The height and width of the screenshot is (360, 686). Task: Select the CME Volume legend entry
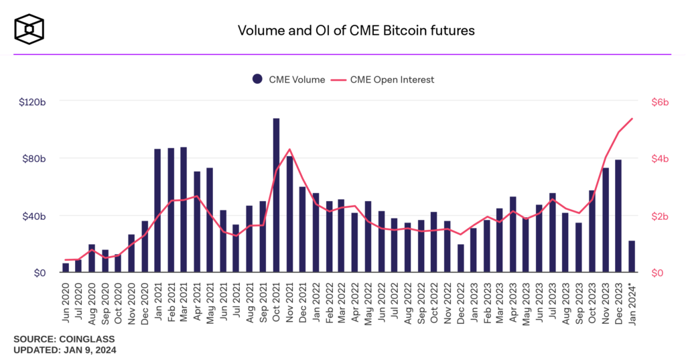click(289, 80)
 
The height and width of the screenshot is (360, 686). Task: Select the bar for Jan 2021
click(157, 211)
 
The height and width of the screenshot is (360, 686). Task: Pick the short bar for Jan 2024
click(632, 257)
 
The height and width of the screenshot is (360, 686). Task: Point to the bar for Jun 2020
click(66, 268)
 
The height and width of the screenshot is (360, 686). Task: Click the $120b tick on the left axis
click(32, 102)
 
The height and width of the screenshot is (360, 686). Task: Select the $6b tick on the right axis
click(661, 102)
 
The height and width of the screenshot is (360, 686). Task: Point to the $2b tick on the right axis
click(661, 217)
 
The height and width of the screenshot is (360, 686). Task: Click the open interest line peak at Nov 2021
click(289, 149)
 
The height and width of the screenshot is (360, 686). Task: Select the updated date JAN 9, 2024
click(88, 350)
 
